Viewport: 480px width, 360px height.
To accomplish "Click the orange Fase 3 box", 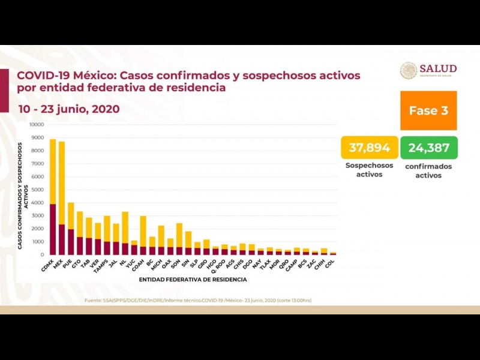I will pyautogui.click(x=428, y=110).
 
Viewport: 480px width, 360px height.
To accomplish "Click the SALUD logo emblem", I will pyautogui.click(x=409, y=71).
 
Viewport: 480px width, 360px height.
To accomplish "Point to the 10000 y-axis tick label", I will pyautogui.click(x=37, y=125).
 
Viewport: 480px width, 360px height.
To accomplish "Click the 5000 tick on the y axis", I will pyautogui.click(x=38, y=190).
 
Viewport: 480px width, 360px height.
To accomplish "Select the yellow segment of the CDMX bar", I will pyautogui.click(x=53, y=172).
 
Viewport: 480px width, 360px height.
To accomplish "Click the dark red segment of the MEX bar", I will pyautogui.click(x=62, y=239).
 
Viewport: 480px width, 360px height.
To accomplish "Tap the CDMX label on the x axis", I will pyautogui.click(x=49, y=263).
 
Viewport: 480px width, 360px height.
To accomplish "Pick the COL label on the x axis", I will pyautogui.click(x=330, y=262).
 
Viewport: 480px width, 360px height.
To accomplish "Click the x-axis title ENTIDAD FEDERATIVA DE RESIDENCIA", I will pyautogui.click(x=193, y=280).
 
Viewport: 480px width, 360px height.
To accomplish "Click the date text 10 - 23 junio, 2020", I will pyautogui.click(x=68, y=109).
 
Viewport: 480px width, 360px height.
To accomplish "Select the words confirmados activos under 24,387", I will pyautogui.click(x=428, y=171).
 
